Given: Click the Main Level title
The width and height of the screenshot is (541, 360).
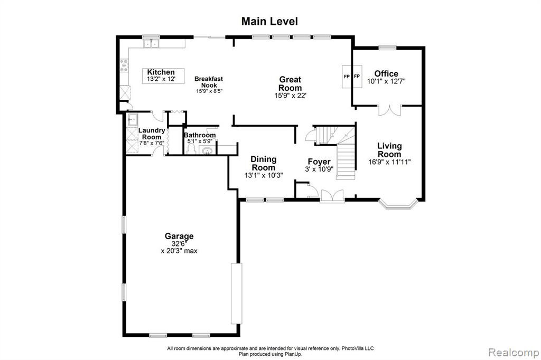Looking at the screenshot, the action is [x=269, y=22].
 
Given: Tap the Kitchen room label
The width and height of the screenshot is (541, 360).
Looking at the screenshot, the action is [x=161, y=72].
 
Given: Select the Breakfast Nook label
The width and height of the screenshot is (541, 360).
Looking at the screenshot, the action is [x=209, y=82].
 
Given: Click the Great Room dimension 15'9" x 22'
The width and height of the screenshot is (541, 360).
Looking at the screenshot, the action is [x=291, y=96].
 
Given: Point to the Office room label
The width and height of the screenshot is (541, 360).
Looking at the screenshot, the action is [x=386, y=73].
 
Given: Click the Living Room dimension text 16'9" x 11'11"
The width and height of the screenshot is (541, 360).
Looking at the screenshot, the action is [x=389, y=162].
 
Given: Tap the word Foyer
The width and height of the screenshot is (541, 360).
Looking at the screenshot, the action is [x=319, y=162].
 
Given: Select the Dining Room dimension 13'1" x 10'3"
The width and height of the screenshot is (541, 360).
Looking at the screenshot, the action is [x=264, y=175].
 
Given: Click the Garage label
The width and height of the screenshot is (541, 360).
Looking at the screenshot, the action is [x=179, y=236].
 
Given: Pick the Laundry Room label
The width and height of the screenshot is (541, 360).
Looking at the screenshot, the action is [x=152, y=134].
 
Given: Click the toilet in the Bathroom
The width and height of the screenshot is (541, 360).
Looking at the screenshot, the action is [x=191, y=149].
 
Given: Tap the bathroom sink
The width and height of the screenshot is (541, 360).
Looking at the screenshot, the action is [x=207, y=150].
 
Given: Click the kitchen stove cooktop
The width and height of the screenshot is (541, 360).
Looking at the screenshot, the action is [x=124, y=65].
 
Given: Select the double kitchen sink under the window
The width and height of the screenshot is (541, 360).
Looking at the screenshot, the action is [x=151, y=44].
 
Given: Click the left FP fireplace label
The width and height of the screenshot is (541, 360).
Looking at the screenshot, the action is [x=347, y=76].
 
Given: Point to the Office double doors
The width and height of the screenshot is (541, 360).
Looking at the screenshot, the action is [x=390, y=110].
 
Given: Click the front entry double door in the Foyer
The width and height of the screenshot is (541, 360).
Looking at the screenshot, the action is [x=332, y=196].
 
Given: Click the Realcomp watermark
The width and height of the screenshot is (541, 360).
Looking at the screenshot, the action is [x=514, y=353].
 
